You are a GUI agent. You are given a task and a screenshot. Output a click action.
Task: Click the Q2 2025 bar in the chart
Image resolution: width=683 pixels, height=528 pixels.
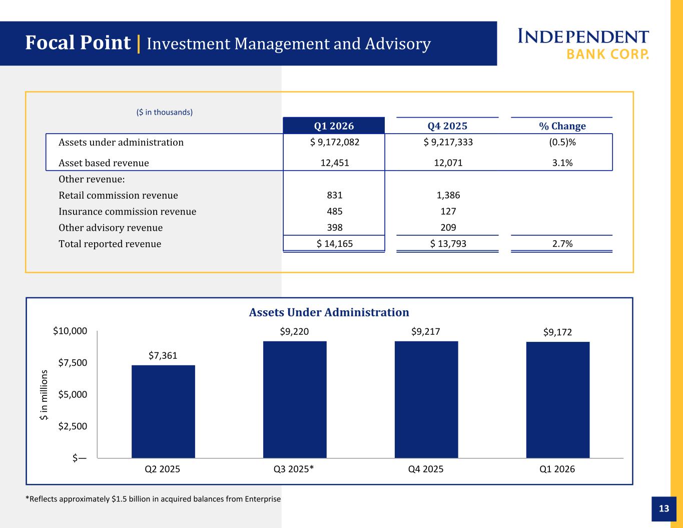tap(163, 411)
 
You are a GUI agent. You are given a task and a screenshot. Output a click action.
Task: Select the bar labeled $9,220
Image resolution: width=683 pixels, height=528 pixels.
tap(295, 399)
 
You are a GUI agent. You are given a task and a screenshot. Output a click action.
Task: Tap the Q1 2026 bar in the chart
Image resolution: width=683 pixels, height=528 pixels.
tap(558, 400)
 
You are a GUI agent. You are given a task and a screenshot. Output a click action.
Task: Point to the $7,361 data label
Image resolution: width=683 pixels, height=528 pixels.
tap(163, 355)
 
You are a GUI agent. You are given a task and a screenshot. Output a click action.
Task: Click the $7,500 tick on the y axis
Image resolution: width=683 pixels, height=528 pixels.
tap(73, 363)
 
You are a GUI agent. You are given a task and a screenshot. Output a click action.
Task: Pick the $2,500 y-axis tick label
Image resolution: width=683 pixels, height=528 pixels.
tap(73, 426)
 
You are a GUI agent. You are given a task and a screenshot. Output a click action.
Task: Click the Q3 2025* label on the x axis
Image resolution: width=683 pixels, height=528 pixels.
tap(294, 469)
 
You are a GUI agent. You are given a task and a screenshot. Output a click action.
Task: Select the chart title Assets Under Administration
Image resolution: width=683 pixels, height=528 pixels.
tap(329, 312)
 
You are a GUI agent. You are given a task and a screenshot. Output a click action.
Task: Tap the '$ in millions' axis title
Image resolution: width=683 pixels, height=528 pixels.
tap(44, 395)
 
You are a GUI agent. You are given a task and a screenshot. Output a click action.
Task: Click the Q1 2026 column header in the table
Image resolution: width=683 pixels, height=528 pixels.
tap(334, 126)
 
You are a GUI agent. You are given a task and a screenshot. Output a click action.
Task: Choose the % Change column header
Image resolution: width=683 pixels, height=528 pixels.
tap(562, 126)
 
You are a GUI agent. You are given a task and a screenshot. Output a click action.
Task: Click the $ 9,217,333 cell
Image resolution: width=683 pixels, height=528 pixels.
tap(448, 142)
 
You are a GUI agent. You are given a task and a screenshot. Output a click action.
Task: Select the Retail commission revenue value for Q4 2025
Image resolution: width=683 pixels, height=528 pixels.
tap(448, 195)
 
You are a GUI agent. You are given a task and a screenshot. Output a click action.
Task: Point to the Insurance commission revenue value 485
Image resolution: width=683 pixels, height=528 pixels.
tap(334, 211)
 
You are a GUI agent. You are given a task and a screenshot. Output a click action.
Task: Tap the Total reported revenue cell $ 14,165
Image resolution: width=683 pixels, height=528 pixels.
tap(334, 244)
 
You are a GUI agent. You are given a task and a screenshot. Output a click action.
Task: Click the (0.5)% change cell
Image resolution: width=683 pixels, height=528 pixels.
tap(562, 142)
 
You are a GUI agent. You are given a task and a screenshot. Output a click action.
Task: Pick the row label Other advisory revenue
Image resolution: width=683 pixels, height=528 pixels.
tap(111, 228)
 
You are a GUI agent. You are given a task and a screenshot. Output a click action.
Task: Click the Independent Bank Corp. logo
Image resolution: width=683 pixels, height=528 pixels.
tap(583, 44)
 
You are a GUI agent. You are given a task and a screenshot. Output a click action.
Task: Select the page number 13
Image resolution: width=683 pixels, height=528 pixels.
tap(664, 508)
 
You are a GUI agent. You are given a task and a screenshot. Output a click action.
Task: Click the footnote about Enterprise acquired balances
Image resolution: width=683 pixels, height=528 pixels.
tap(153, 499)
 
